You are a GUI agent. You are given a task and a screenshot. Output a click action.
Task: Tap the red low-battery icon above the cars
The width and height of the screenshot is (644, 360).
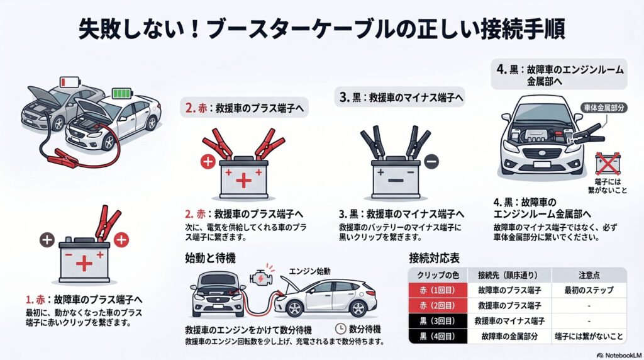[66, 82]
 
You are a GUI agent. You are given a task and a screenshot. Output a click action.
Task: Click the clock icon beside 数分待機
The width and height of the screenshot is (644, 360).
[340, 329]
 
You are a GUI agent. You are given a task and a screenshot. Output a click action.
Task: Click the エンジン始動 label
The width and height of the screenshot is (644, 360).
[309, 271]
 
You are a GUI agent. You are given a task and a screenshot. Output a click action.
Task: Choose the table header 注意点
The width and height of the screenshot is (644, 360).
[589, 275]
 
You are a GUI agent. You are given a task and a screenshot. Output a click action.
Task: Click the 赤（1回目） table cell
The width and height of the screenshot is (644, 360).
[438, 291]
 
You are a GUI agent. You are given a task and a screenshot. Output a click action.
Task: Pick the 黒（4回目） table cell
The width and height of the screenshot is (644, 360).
[438, 337]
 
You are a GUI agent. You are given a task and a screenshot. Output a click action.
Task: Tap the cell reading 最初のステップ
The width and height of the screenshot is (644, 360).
[589, 291]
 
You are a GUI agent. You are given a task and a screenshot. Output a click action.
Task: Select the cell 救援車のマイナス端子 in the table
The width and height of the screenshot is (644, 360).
[509, 321]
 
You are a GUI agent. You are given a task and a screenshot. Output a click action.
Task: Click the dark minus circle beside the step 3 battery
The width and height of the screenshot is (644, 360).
[431, 161]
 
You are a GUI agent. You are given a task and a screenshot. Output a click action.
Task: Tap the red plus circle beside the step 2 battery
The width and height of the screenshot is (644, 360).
[208, 162]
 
